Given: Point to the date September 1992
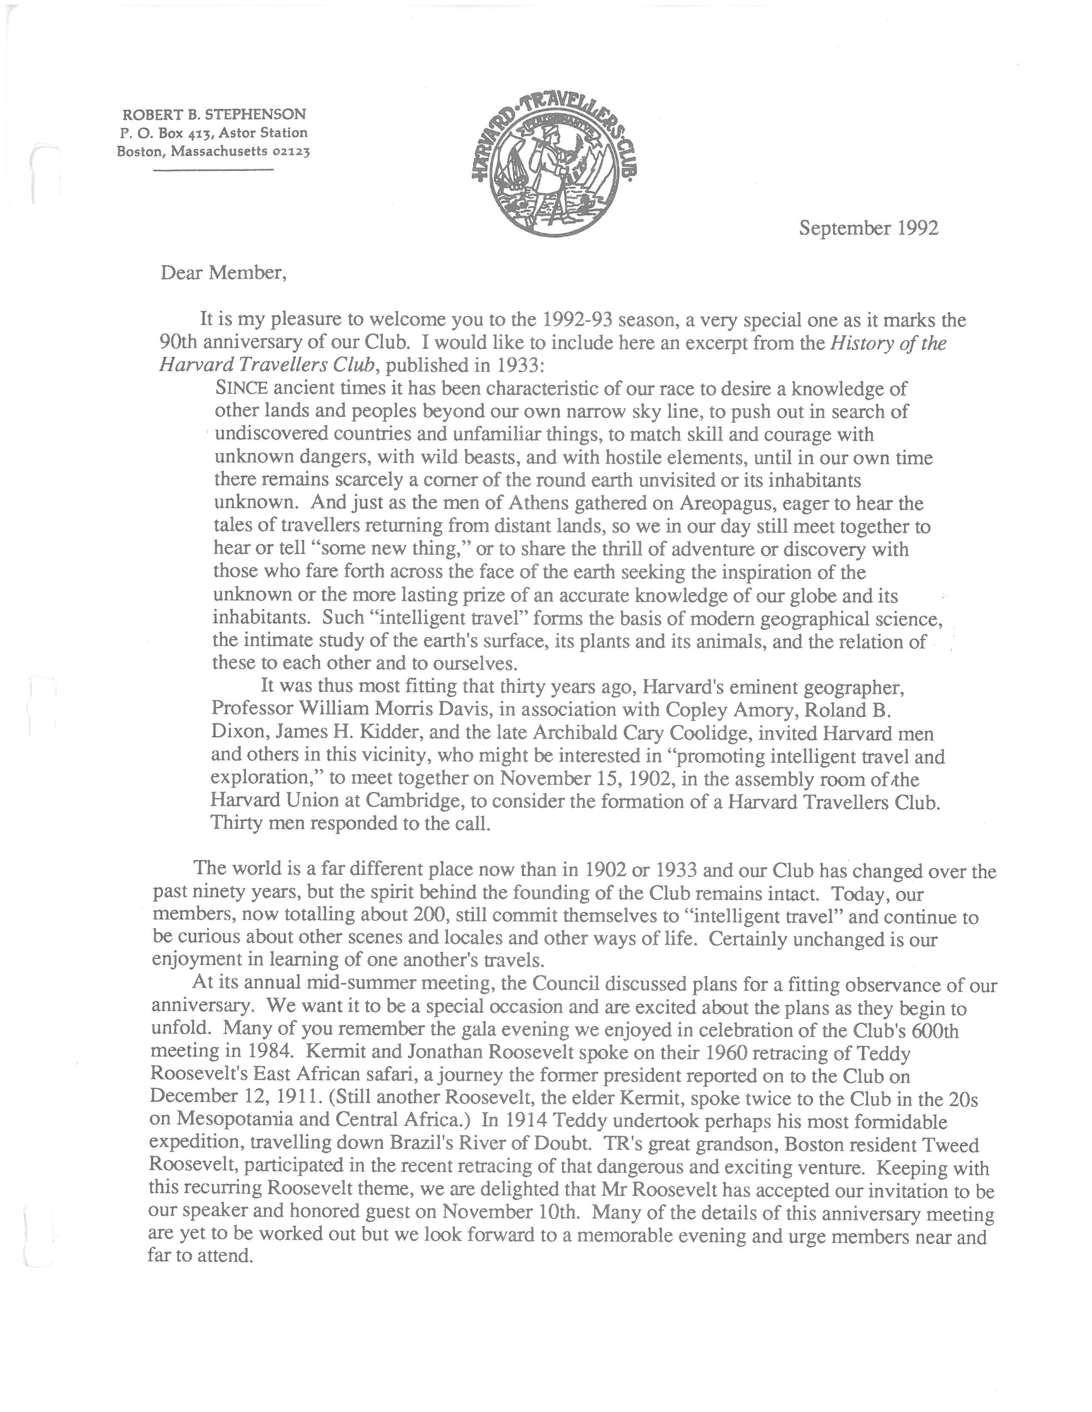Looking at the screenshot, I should click(868, 228).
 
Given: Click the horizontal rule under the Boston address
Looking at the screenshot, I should click(213, 169).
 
